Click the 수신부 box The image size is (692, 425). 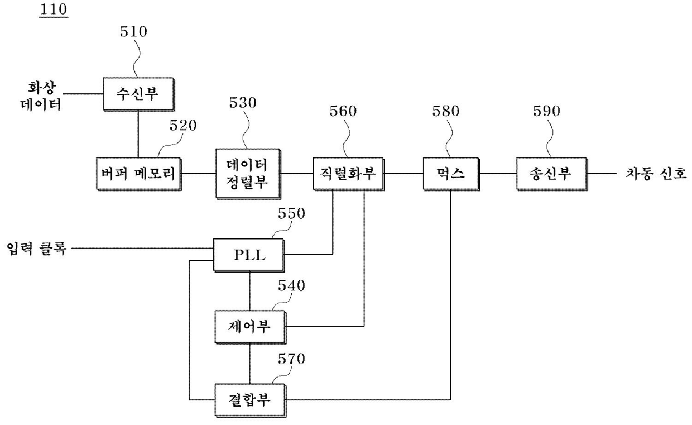click(139, 94)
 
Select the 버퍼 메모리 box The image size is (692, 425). click(139, 174)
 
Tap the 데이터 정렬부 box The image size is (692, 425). click(248, 174)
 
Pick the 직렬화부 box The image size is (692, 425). click(348, 174)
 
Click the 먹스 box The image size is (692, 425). click(451, 174)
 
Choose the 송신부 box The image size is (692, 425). click(552, 174)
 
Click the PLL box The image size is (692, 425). click(249, 255)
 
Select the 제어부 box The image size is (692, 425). click(250, 327)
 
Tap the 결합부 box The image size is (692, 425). click(250, 400)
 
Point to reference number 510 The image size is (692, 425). click(133, 31)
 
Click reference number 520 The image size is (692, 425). click(183, 126)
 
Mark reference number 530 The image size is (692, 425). click(243, 103)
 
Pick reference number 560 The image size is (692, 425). click(343, 111)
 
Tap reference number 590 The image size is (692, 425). click(546, 111)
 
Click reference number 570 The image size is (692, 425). click(292, 359)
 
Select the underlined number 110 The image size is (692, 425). click(54, 9)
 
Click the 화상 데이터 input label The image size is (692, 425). click(41, 96)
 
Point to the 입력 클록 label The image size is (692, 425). click(36, 249)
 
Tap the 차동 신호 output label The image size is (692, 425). click(656, 174)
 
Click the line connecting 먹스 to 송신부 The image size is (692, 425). click(498, 173)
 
